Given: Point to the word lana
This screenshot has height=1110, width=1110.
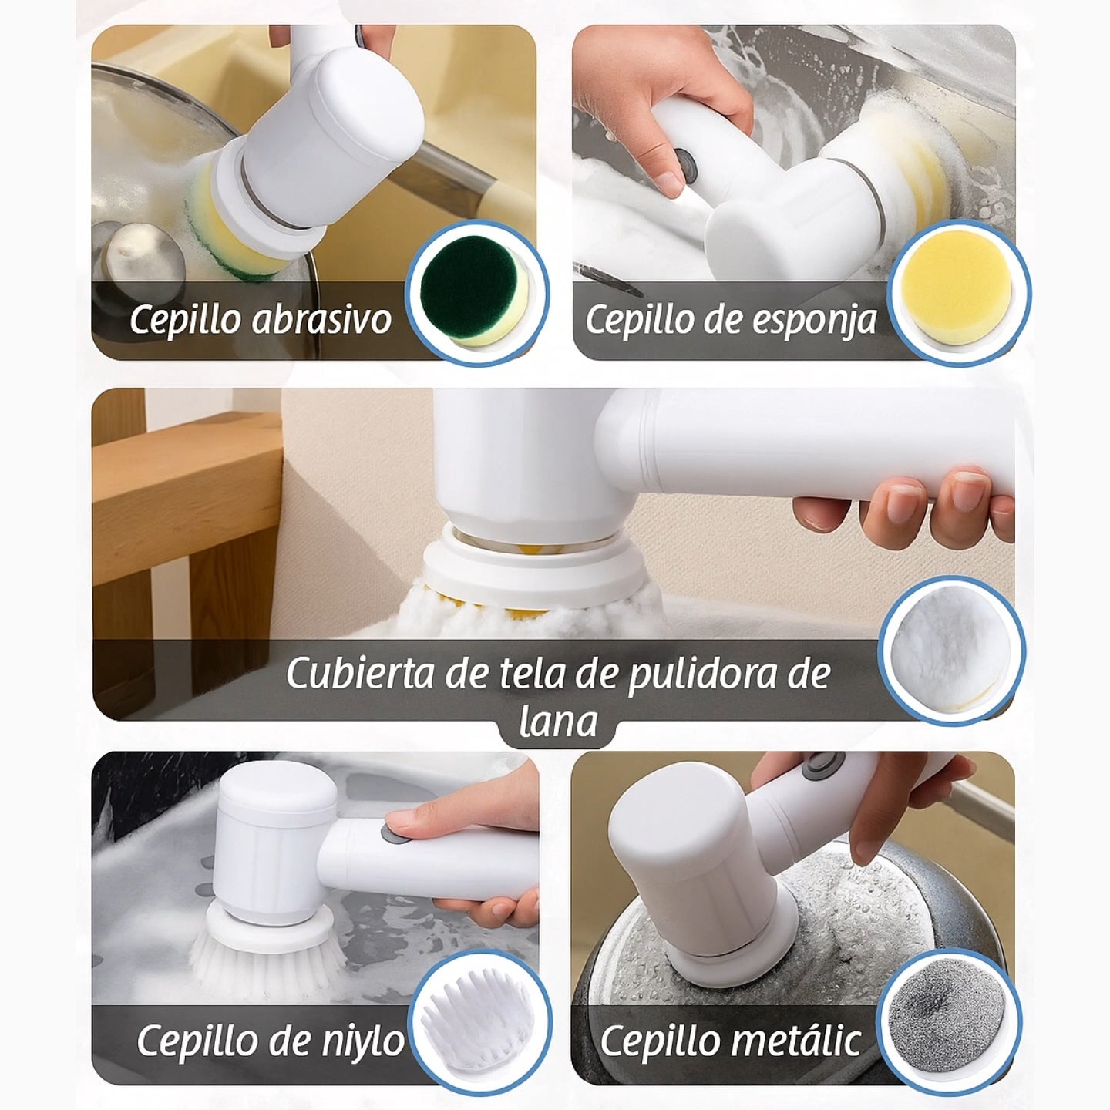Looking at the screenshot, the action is (557, 723).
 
